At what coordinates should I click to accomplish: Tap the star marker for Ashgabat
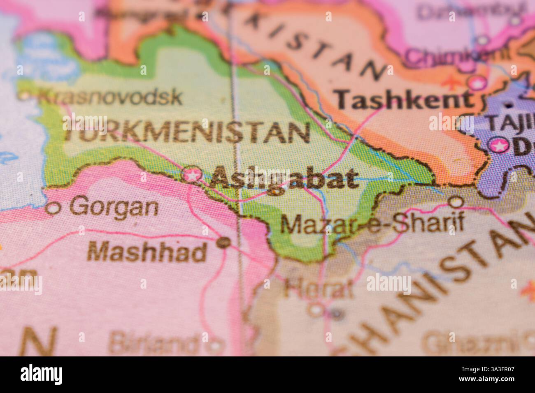pos(192,175)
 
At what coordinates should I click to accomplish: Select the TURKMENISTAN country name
pos(187,132)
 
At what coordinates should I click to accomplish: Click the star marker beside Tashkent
pos(477,83)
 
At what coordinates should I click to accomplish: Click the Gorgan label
pos(114,207)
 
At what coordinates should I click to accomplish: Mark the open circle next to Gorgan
pos(52,208)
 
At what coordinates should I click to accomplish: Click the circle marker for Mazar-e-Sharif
pos(455,202)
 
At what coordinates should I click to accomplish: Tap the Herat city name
pos(319,289)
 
